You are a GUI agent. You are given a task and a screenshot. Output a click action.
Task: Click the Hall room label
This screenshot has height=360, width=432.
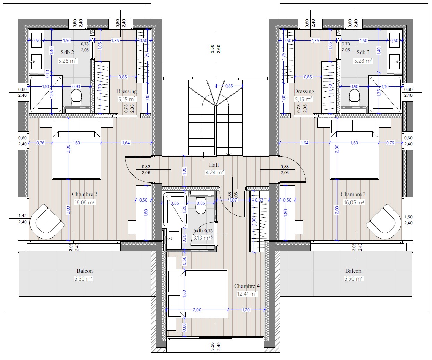pos(214,165)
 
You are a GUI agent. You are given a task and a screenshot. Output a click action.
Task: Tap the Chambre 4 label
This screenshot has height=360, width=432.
pos(247,286)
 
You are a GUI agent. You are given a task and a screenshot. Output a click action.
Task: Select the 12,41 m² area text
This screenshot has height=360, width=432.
pos(247,294)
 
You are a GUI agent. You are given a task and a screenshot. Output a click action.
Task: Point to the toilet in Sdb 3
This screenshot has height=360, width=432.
pos(355,97)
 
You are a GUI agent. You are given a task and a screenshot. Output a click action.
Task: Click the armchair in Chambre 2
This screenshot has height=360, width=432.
pos(47,220)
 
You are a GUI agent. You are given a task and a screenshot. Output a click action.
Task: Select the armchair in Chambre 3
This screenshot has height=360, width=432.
pos(384,220)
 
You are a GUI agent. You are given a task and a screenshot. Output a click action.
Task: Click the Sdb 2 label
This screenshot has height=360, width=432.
pos(67,52)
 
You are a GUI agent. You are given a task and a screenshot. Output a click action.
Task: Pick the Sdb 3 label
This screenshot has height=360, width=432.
pos(363,52)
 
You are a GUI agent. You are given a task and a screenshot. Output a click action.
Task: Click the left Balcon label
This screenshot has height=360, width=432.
pos(85,271)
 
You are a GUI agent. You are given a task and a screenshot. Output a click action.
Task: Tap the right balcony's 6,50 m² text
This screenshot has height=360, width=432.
pos(353,278)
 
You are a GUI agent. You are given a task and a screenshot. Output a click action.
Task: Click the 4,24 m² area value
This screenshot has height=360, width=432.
pos(215,172)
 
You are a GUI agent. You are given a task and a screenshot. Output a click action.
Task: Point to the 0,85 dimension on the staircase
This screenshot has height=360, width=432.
pos(229,86)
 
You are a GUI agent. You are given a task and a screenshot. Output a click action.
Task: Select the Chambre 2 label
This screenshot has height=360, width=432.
pos(84,194)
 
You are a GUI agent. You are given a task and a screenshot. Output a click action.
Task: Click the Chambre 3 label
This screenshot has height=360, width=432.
pos(353,194)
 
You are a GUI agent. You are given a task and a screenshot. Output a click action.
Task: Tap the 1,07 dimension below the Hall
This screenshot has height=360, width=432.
pos(233,200)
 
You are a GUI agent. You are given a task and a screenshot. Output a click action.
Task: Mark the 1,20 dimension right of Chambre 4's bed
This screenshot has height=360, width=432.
pos(246,310)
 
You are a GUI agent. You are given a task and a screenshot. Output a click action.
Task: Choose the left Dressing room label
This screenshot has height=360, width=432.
pos(126,91)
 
